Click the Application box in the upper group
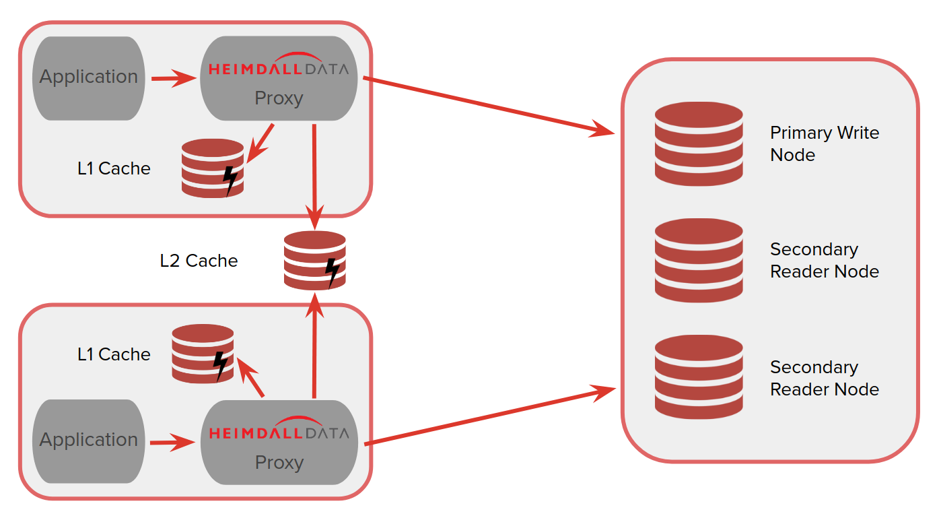tap(88, 77)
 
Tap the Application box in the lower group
tap(88, 441)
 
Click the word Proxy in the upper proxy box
tap(279, 98)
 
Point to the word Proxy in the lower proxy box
tap(279, 463)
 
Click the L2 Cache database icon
tap(314, 260)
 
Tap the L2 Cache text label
tap(199, 261)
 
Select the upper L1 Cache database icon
tap(212, 168)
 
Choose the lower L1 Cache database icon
tap(203, 354)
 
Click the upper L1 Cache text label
tap(114, 168)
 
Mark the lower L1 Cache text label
tap(114, 354)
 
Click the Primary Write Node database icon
tap(699, 143)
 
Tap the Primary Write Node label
tap(824, 143)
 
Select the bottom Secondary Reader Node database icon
tap(699, 377)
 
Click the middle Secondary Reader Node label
tap(824, 260)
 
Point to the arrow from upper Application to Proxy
tap(172, 79)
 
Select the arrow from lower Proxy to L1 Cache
tap(250, 379)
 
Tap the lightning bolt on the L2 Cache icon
tap(332, 271)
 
